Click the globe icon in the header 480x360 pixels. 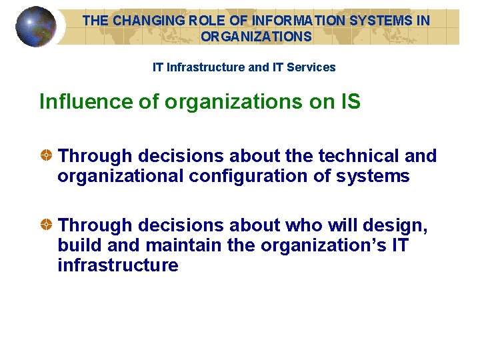click(35, 27)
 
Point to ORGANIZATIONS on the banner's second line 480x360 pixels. click(256, 37)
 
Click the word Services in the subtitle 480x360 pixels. click(311, 67)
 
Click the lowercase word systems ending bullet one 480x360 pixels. click(373, 176)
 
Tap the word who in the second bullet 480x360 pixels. click(303, 225)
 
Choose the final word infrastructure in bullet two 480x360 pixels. click(118, 265)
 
